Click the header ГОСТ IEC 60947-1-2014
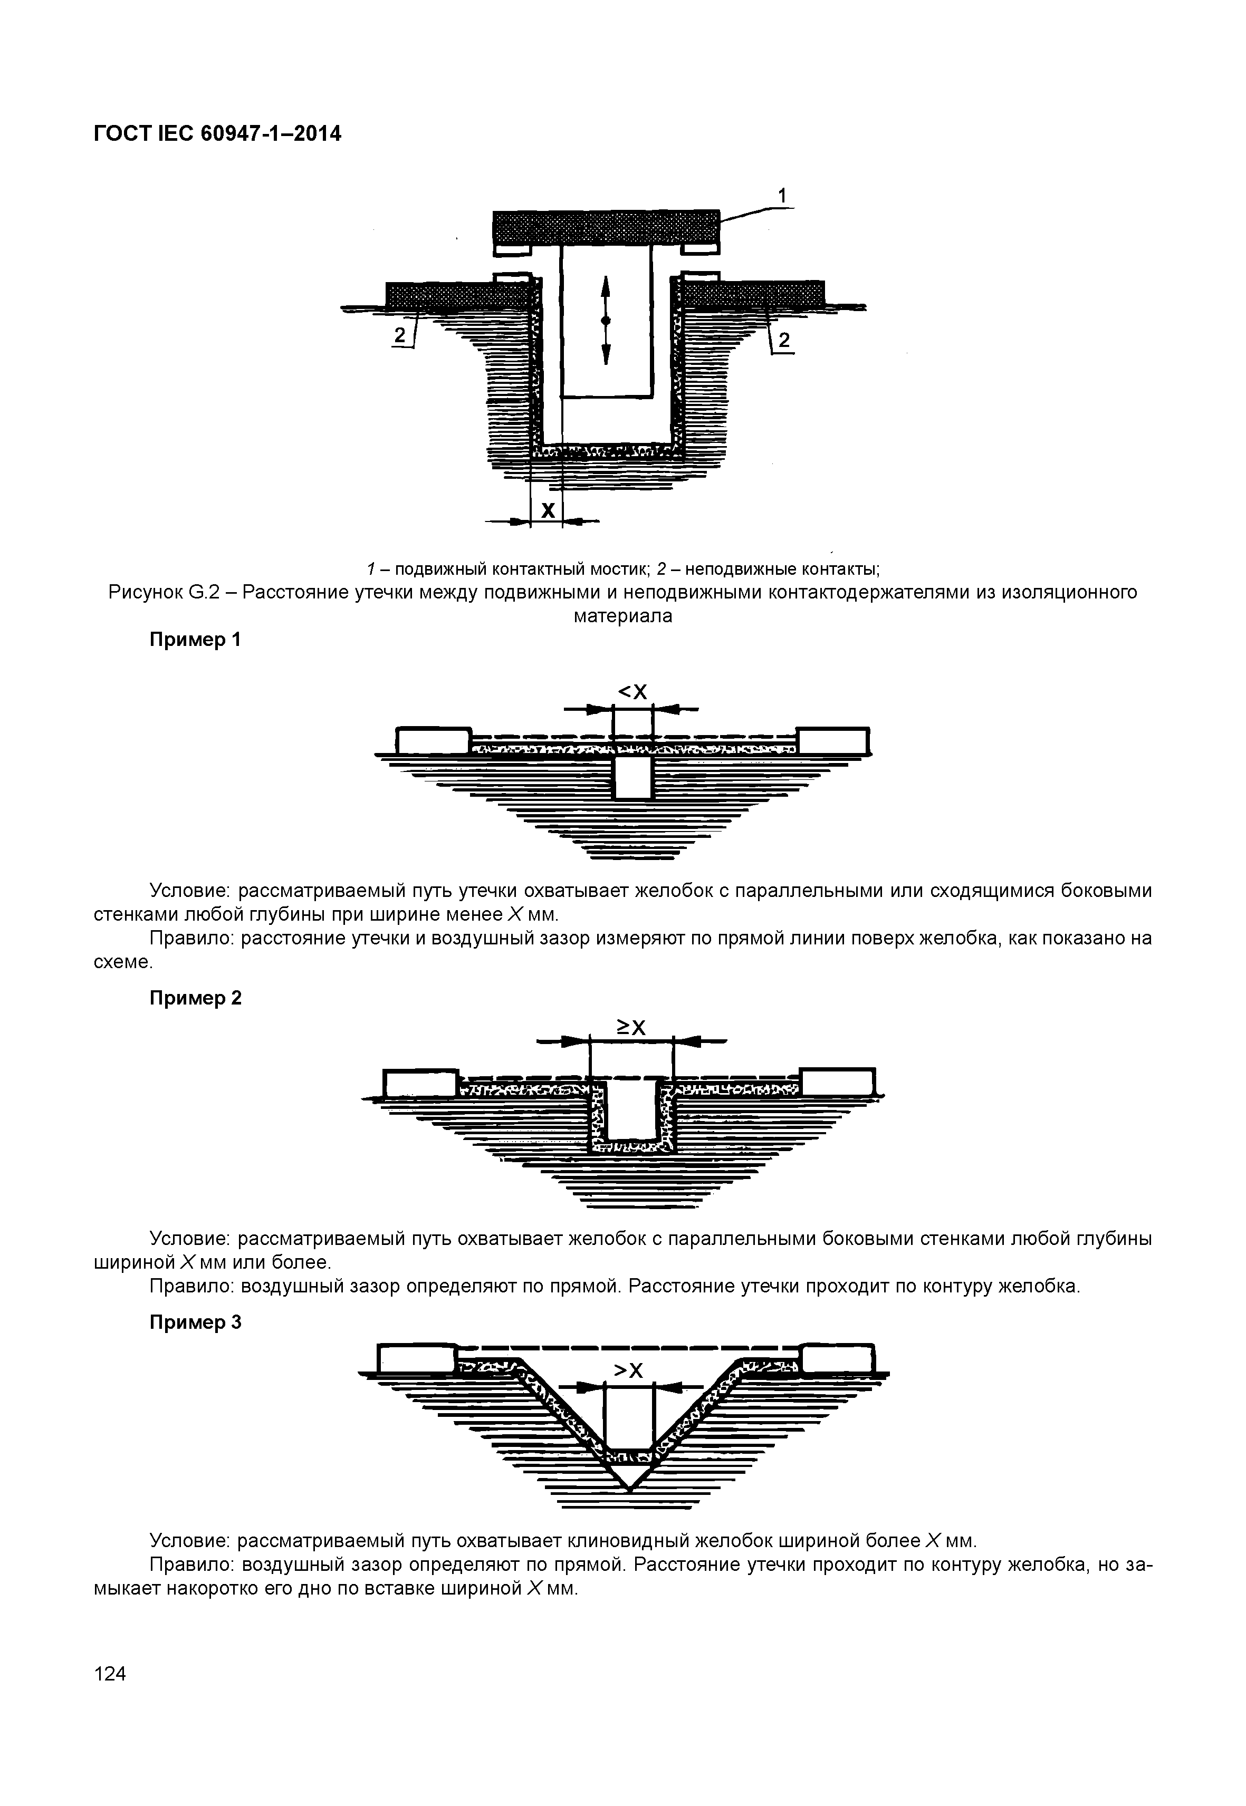pyautogui.click(x=217, y=134)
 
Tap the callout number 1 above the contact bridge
pyautogui.click(x=783, y=195)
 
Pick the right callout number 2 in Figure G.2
pyautogui.click(x=784, y=340)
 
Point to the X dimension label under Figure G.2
pyautogui.click(x=548, y=510)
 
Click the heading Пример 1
pyautogui.click(x=195, y=640)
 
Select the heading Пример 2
pyautogui.click(x=195, y=998)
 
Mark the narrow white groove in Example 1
pyautogui.click(x=632, y=777)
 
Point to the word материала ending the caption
pyautogui.click(x=622, y=616)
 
